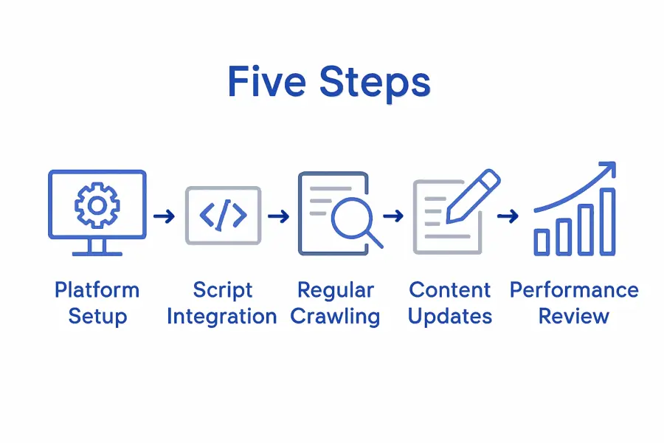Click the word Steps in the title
[x=374, y=83]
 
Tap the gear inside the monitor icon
[x=97, y=204]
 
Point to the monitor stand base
[x=97, y=253]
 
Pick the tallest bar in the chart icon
[x=607, y=221]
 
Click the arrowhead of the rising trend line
[x=608, y=171]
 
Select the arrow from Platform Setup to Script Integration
[x=165, y=216]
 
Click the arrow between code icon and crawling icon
[x=278, y=216]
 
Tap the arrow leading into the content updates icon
[x=394, y=216]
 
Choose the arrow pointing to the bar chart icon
[x=508, y=216]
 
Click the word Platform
[x=97, y=289]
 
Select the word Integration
[x=222, y=317]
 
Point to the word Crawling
[x=335, y=317]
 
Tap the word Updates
[x=450, y=317]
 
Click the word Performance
[x=574, y=289]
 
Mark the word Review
[x=574, y=317]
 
